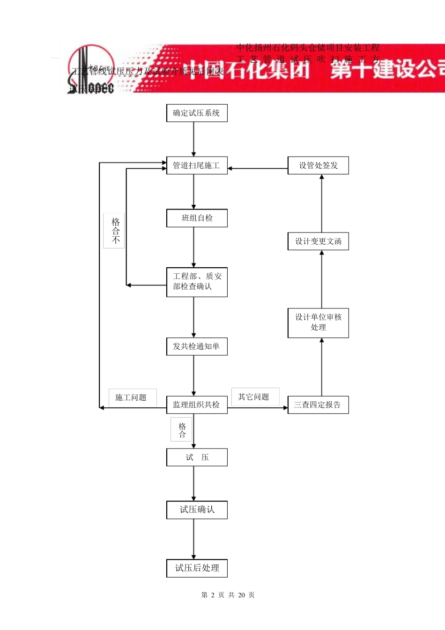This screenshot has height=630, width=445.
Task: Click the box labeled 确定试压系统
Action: click(197, 113)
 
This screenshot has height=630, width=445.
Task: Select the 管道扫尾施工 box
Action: click(197, 165)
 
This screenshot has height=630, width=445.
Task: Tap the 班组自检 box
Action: click(197, 218)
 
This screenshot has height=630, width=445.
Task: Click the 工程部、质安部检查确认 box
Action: click(197, 282)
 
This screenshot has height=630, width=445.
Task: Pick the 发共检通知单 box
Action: click(197, 346)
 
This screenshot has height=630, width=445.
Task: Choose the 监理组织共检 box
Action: click(197, 405)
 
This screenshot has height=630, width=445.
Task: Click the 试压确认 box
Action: click(197, 510)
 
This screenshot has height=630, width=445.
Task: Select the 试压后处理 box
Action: click(197, 568)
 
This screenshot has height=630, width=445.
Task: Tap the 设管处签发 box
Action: click(318, 165)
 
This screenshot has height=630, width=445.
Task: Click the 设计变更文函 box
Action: click(318, 241)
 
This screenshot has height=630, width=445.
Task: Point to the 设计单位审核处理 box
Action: click(318, 322)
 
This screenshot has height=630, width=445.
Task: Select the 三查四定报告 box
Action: click(318, 405)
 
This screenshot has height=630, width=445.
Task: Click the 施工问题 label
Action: click(132, 397)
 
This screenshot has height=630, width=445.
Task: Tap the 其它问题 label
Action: click(254, 397)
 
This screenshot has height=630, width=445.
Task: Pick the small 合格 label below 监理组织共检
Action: click(182, 430)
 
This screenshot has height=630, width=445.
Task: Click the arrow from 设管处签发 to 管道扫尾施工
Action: click(258, 168)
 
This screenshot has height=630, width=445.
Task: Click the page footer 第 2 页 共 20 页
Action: click(228, 595)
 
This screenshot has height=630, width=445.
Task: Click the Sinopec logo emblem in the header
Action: click(91, 69)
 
